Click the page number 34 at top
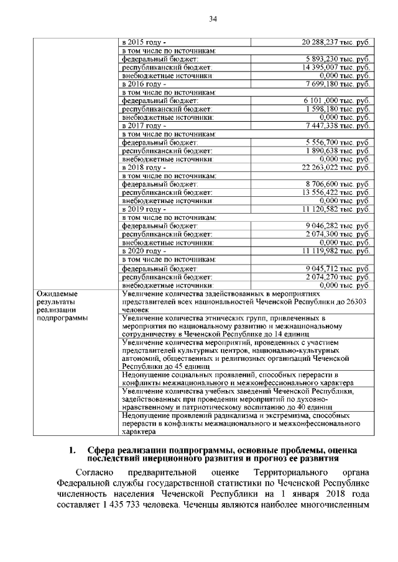point(213,19)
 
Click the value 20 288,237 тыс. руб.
point(335,42)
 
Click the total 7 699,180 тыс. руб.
point(338,83)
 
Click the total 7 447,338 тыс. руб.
point(338,125)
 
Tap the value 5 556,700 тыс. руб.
point(338,142)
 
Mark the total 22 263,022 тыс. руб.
point(335,168)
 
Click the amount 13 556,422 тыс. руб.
point(336,193)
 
